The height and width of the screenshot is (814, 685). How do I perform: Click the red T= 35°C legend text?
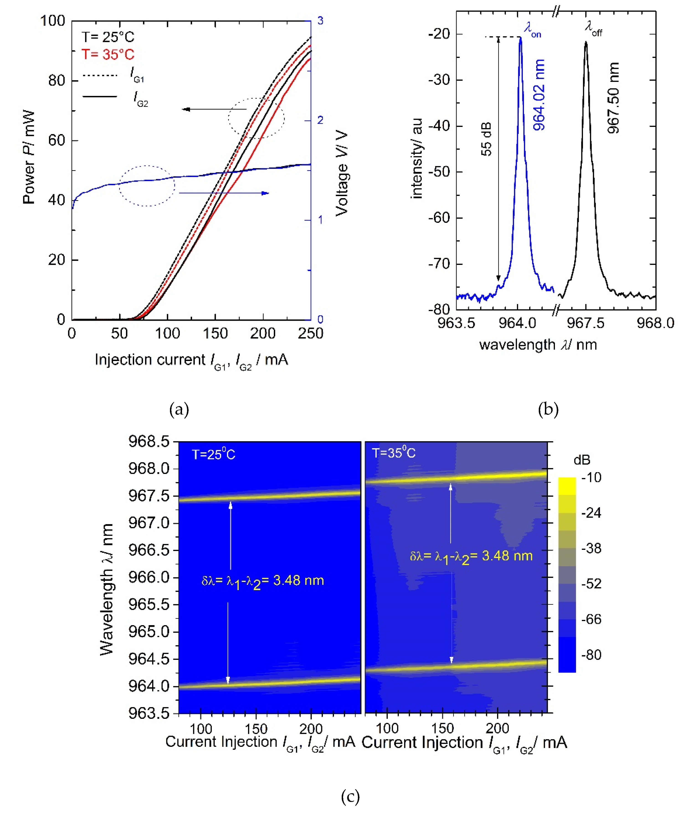108,54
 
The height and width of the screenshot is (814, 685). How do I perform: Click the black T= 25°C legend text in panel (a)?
108,37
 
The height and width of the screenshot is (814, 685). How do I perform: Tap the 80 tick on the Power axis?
57,81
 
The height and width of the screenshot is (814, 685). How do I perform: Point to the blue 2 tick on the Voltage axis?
320,120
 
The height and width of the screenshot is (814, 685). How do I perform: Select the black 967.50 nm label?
613,98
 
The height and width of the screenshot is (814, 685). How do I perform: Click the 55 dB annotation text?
486,139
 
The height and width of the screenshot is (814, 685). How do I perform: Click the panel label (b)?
548,409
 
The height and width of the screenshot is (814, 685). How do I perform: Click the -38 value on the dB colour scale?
591,548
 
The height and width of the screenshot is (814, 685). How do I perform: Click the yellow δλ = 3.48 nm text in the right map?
471,556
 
